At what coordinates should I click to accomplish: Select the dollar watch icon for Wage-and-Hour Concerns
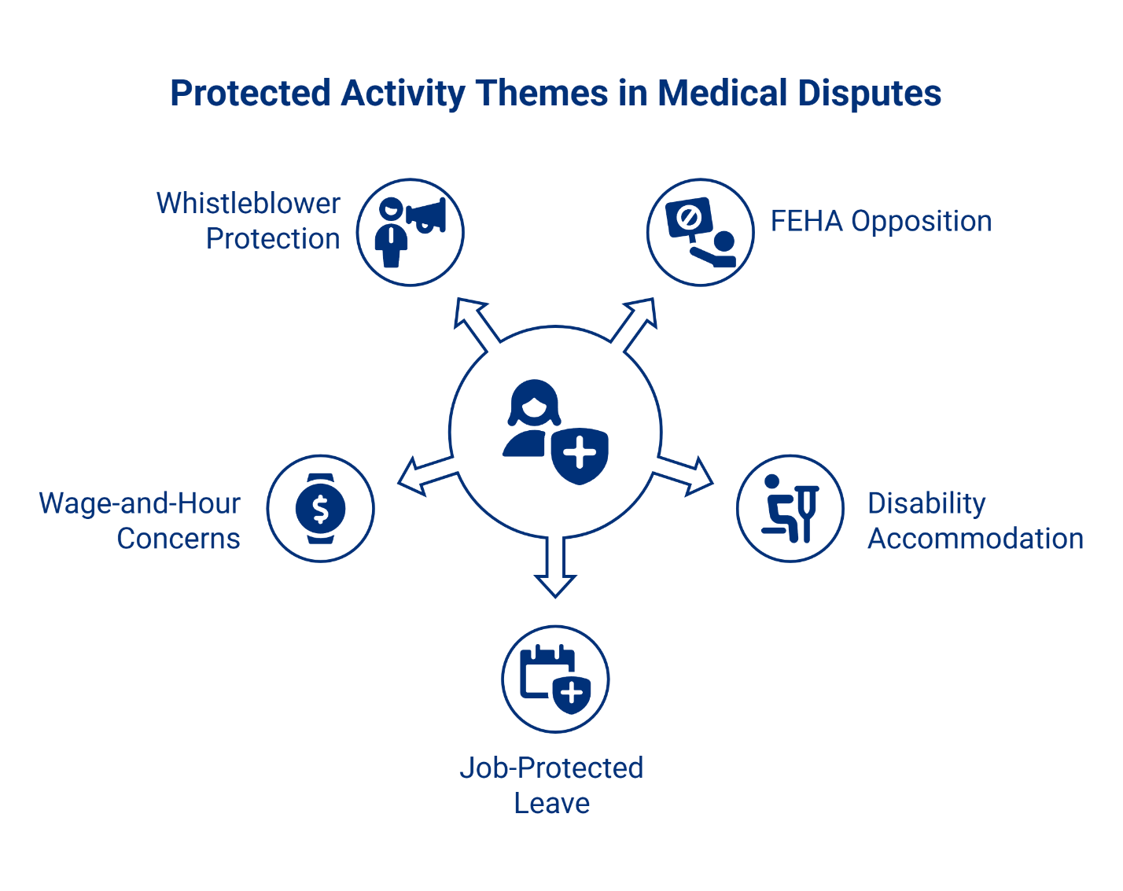[x=321, y=508]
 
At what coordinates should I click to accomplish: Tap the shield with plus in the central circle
[x=580, y=455]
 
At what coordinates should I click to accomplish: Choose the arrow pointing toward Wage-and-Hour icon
[x=425, y=474]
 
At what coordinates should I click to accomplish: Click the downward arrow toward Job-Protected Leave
[x=555, y=568]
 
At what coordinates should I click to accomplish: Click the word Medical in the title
[x=721, y=94]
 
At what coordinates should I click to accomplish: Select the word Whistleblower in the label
[x=249, y=204]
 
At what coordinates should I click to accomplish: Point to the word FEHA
[x=807, y=221]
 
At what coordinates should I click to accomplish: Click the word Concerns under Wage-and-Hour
[x=179, y=539]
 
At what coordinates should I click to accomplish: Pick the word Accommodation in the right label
[x=975, y=539]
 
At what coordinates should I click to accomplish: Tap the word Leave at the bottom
[x=551, y=803]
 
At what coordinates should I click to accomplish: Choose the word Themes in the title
[x=542, y=94]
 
